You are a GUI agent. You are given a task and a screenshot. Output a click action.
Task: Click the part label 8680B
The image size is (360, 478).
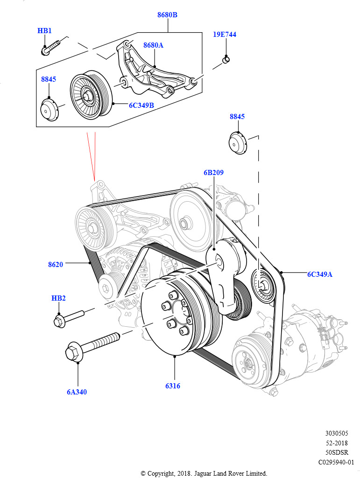[167, 15]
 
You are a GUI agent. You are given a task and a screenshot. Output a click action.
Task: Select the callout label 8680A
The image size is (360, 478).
[153, 45]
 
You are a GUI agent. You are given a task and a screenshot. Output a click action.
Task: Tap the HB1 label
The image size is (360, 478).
[44, 31]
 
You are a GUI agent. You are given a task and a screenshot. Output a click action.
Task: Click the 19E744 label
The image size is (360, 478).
[225, 35]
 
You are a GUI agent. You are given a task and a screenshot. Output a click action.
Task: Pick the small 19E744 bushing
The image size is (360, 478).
[225, 59]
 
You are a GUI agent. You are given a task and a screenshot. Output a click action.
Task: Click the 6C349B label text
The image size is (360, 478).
[141, 105]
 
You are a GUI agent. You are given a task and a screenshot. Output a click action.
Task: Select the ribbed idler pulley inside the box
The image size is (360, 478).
[91, 96]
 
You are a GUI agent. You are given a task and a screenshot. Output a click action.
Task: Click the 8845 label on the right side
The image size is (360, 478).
[237, 117]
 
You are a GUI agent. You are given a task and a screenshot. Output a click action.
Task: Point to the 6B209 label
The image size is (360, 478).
[213, 173]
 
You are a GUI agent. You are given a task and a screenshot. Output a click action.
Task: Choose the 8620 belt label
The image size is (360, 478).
[55, 265]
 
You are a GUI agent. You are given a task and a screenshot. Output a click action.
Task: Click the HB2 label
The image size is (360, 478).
[58, 298]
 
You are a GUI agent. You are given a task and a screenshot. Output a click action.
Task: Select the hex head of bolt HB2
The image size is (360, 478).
[59, 321]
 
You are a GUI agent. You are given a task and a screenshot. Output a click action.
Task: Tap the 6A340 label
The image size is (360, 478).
[77, 392]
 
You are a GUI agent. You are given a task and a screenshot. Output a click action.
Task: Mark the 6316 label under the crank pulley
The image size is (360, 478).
[172, 386]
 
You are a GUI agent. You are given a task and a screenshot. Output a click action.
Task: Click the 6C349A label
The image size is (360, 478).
[319, 274]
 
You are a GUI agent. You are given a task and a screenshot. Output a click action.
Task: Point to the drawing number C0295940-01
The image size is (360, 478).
[336, 462]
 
